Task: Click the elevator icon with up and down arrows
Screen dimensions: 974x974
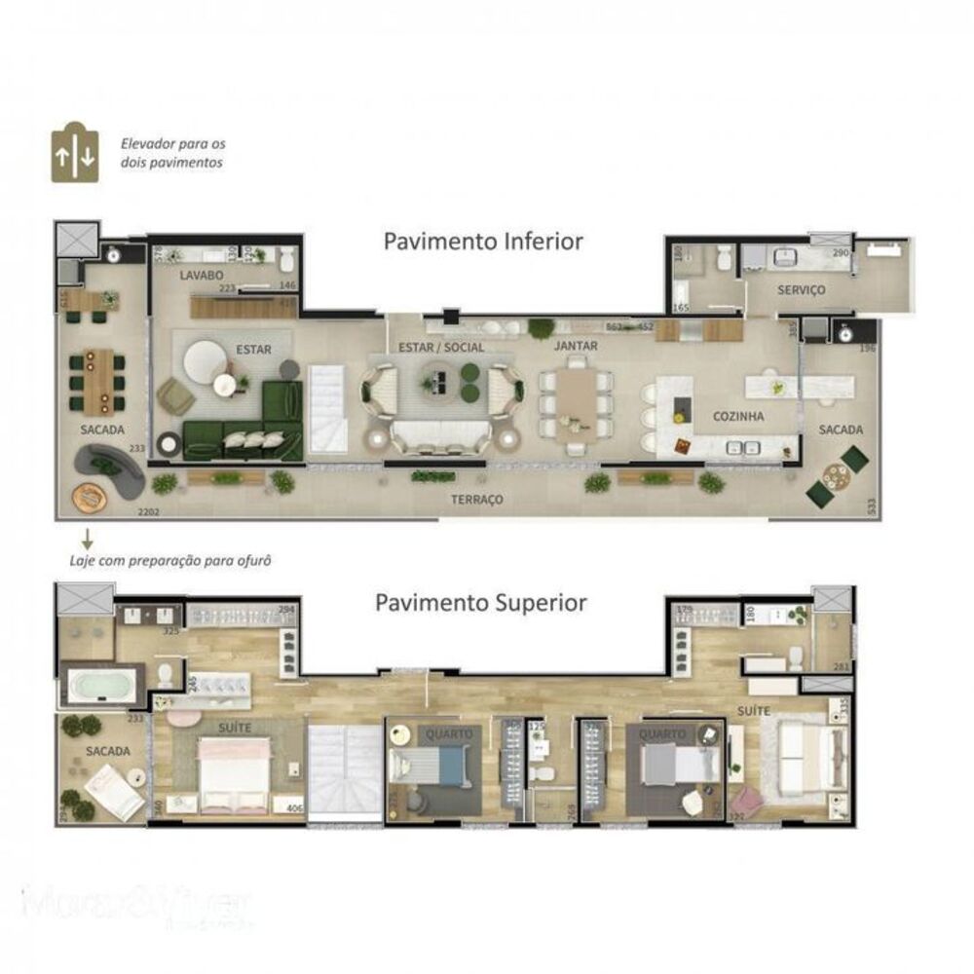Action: tap(75, 153)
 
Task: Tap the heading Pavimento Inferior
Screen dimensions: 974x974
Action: tap(483, 242)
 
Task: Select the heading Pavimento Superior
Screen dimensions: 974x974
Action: tap(481, 603)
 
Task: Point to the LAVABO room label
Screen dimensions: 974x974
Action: tap(203, 277)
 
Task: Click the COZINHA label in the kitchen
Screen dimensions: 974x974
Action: tap(737, 416)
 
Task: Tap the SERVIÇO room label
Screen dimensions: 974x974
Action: tap(802, 290)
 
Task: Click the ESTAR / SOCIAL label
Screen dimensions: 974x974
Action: tap(441, 347)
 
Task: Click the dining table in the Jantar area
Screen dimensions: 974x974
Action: tap(577, 398)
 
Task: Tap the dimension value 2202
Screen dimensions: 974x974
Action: tap(148, 511)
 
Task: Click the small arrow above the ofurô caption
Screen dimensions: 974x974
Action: tap(86, 538)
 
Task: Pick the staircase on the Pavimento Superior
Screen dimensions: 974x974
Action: tap(345, 769)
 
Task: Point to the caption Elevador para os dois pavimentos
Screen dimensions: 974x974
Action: tap(172, 153)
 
